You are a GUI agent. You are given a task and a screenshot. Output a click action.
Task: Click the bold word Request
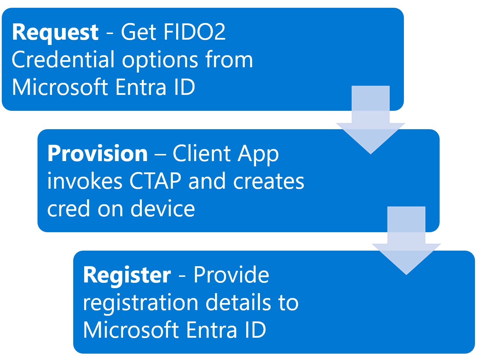click(55, 33)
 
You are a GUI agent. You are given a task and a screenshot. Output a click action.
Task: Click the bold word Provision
click(98, 154)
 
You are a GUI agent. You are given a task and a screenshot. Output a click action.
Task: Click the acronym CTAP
click(155, 181)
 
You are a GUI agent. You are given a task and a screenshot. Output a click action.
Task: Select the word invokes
click(85, 181)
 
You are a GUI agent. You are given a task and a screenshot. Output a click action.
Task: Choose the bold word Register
click(127, 275)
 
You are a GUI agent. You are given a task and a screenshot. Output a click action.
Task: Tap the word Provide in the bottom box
click(231, 275)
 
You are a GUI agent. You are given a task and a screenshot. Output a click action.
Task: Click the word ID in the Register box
click(255, 330)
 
